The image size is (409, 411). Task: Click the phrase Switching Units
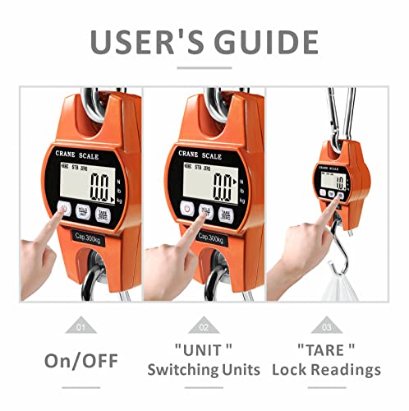[204, 370]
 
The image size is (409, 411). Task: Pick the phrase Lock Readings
[328, 370]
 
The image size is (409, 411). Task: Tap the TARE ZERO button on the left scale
[103, 215]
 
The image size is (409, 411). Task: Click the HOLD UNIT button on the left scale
[82, 211]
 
